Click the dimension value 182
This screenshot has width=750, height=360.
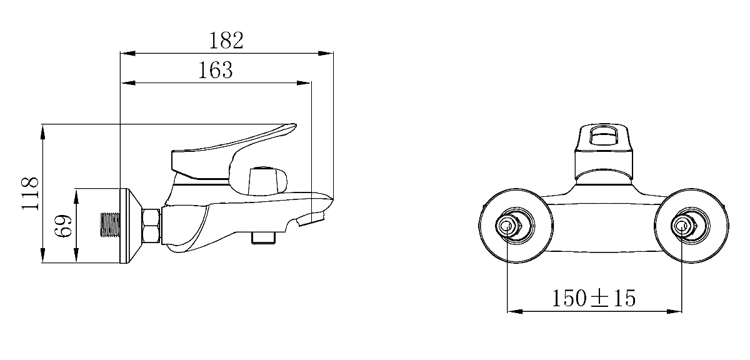click(x=226, y=40)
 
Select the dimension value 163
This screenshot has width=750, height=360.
click(x=216, y=70)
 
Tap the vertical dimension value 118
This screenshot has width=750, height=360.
click(x=31, y=193)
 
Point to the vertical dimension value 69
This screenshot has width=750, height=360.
click(x=64, y=226)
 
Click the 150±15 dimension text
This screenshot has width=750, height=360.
click(x=594, y=298)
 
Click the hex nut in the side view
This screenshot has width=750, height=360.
click(x=152, y=226)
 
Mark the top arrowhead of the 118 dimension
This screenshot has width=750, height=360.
click(x=42, y=131)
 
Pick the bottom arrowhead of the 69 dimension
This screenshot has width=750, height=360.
click(x=77, y=258)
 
